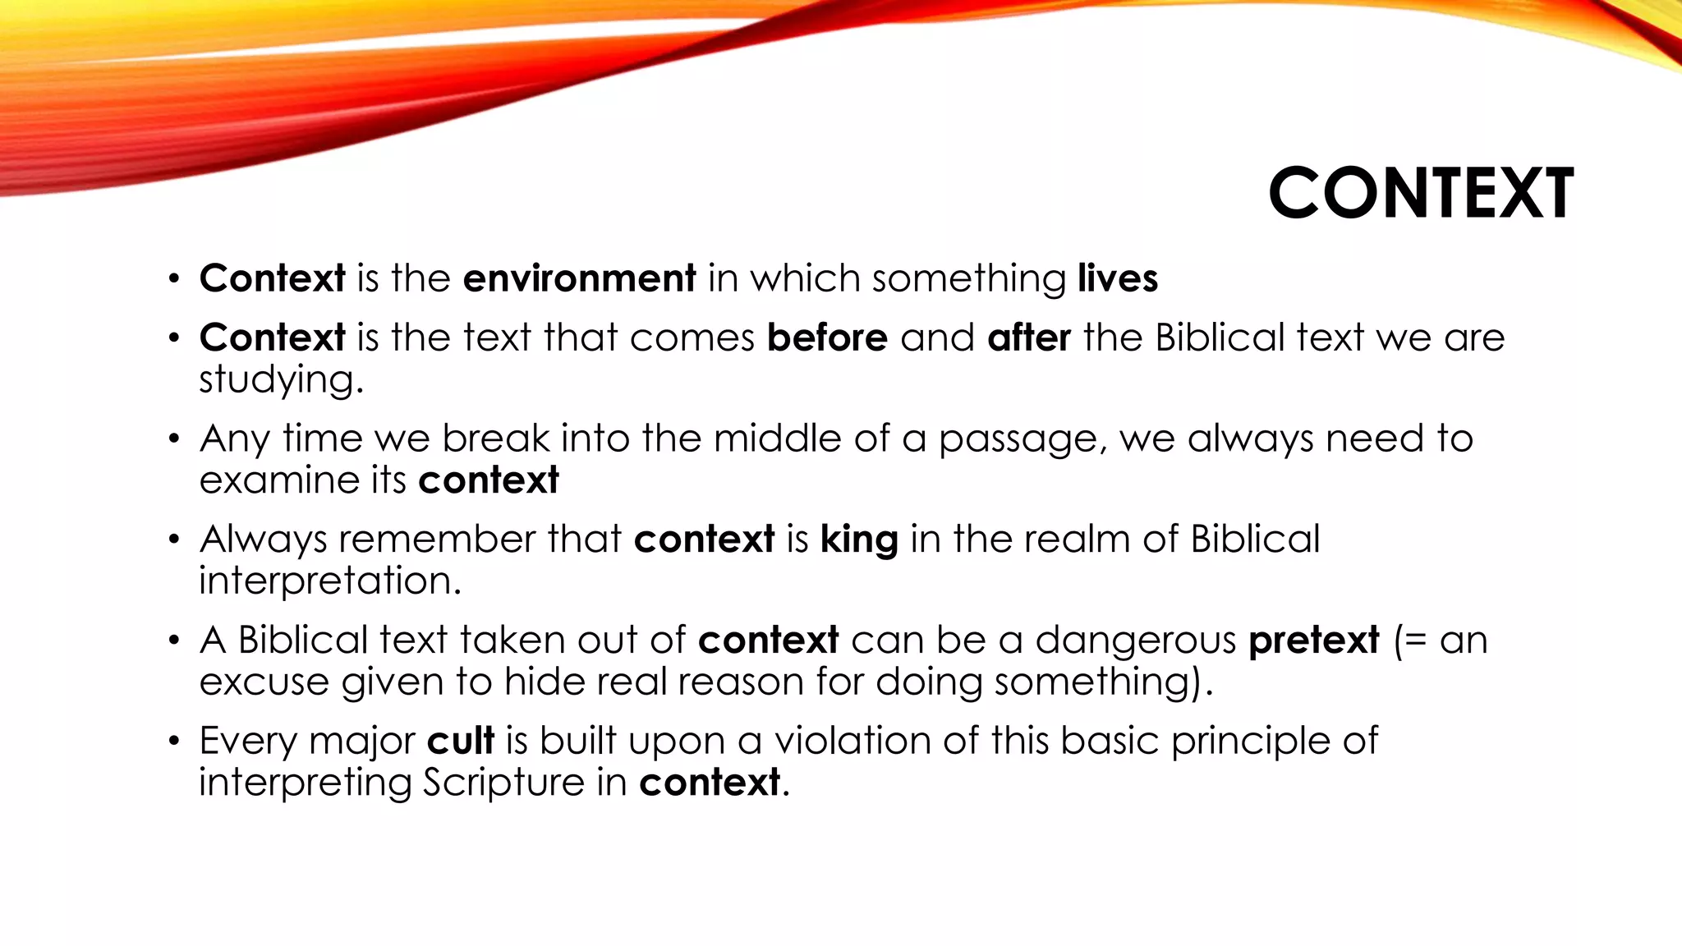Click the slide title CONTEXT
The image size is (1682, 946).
(1421, 194)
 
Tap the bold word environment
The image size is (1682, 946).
(579, 278)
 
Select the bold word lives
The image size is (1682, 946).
(1117, 278)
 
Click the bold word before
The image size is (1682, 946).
(827, 338)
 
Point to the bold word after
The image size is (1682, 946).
(1028, 338)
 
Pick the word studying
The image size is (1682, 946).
(280, 380)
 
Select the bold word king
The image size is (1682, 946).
(859, 540)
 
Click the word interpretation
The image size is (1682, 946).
(329, 581)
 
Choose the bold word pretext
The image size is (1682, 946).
(1313, 641)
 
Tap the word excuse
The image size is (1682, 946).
(264, 682)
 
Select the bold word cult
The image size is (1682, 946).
(460, 741)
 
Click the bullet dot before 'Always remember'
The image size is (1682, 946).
(173, 540)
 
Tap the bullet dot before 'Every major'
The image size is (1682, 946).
(173, 742)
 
